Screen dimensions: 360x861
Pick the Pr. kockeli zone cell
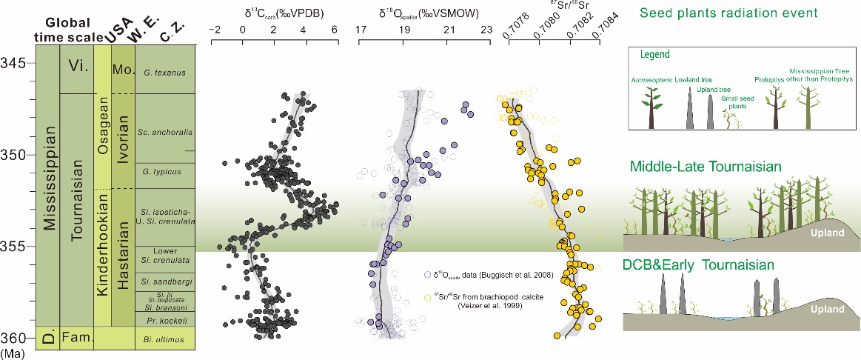[160, 319]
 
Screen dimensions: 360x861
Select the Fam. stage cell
[77, 337]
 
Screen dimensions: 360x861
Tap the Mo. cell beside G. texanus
[121, 72]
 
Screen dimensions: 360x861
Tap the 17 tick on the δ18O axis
[361, 30]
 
